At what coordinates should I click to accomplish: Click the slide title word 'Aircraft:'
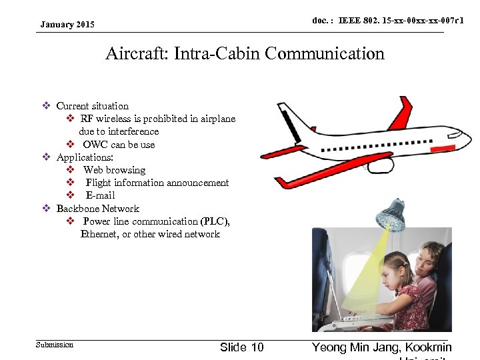pos(137,53)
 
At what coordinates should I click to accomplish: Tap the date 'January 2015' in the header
pos(67,25)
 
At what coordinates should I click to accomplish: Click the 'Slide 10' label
pos(241,347)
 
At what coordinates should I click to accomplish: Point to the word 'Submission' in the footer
pos(55,345)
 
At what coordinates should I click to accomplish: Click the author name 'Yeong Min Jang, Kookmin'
pos(381,347)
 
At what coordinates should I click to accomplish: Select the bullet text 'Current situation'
pos(93,106)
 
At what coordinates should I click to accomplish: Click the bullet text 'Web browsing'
pos(114,170)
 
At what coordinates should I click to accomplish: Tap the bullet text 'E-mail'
pos(100,195)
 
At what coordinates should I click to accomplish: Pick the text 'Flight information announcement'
pos(157,183)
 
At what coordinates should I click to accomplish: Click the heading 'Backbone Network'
pos(98,209)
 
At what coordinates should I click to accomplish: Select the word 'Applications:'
pos(85,157)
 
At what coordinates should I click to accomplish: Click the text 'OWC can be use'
pos(119,145)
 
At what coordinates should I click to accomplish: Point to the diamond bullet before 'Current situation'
pos(46,106)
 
